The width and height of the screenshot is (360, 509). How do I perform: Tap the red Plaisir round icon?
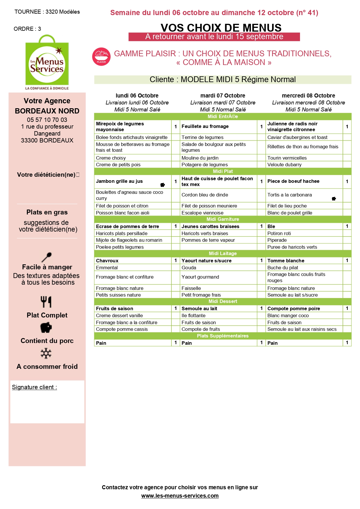(101, 57)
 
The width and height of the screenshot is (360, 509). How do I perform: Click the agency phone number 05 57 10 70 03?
(47, 120)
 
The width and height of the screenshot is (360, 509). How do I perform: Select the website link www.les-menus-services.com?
(180, 496)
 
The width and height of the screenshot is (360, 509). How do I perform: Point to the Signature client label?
(34, 387)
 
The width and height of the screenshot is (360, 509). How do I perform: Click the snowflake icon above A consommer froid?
(46, 353)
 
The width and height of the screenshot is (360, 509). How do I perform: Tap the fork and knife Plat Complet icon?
(46, 302)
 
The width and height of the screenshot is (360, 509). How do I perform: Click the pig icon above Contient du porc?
(46, 328)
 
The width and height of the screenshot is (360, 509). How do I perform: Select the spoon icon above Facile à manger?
(46, 257)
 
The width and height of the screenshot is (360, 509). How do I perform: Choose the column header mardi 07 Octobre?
(222, 95)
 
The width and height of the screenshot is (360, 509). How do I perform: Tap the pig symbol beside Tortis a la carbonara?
(334, 199)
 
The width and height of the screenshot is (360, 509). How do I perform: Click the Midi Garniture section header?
(222, 219)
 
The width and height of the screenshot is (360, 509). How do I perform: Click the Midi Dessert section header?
(222, 301)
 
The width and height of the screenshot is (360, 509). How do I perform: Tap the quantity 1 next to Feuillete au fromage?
(261, 127)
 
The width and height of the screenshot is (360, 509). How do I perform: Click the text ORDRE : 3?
(27, 29)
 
